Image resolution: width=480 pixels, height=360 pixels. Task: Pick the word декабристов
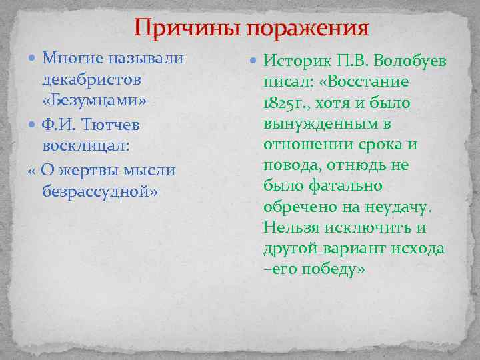[91, 79]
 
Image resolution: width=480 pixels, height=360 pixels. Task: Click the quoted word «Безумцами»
[94, 101]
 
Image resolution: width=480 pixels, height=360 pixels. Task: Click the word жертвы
[87, 170]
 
